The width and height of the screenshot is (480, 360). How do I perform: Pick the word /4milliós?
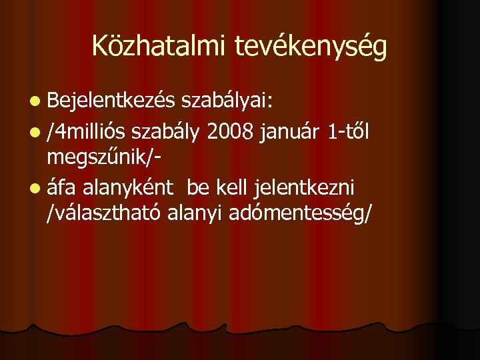(x=87, y=133)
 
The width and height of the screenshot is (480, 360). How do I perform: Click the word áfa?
(x=62, y=189)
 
